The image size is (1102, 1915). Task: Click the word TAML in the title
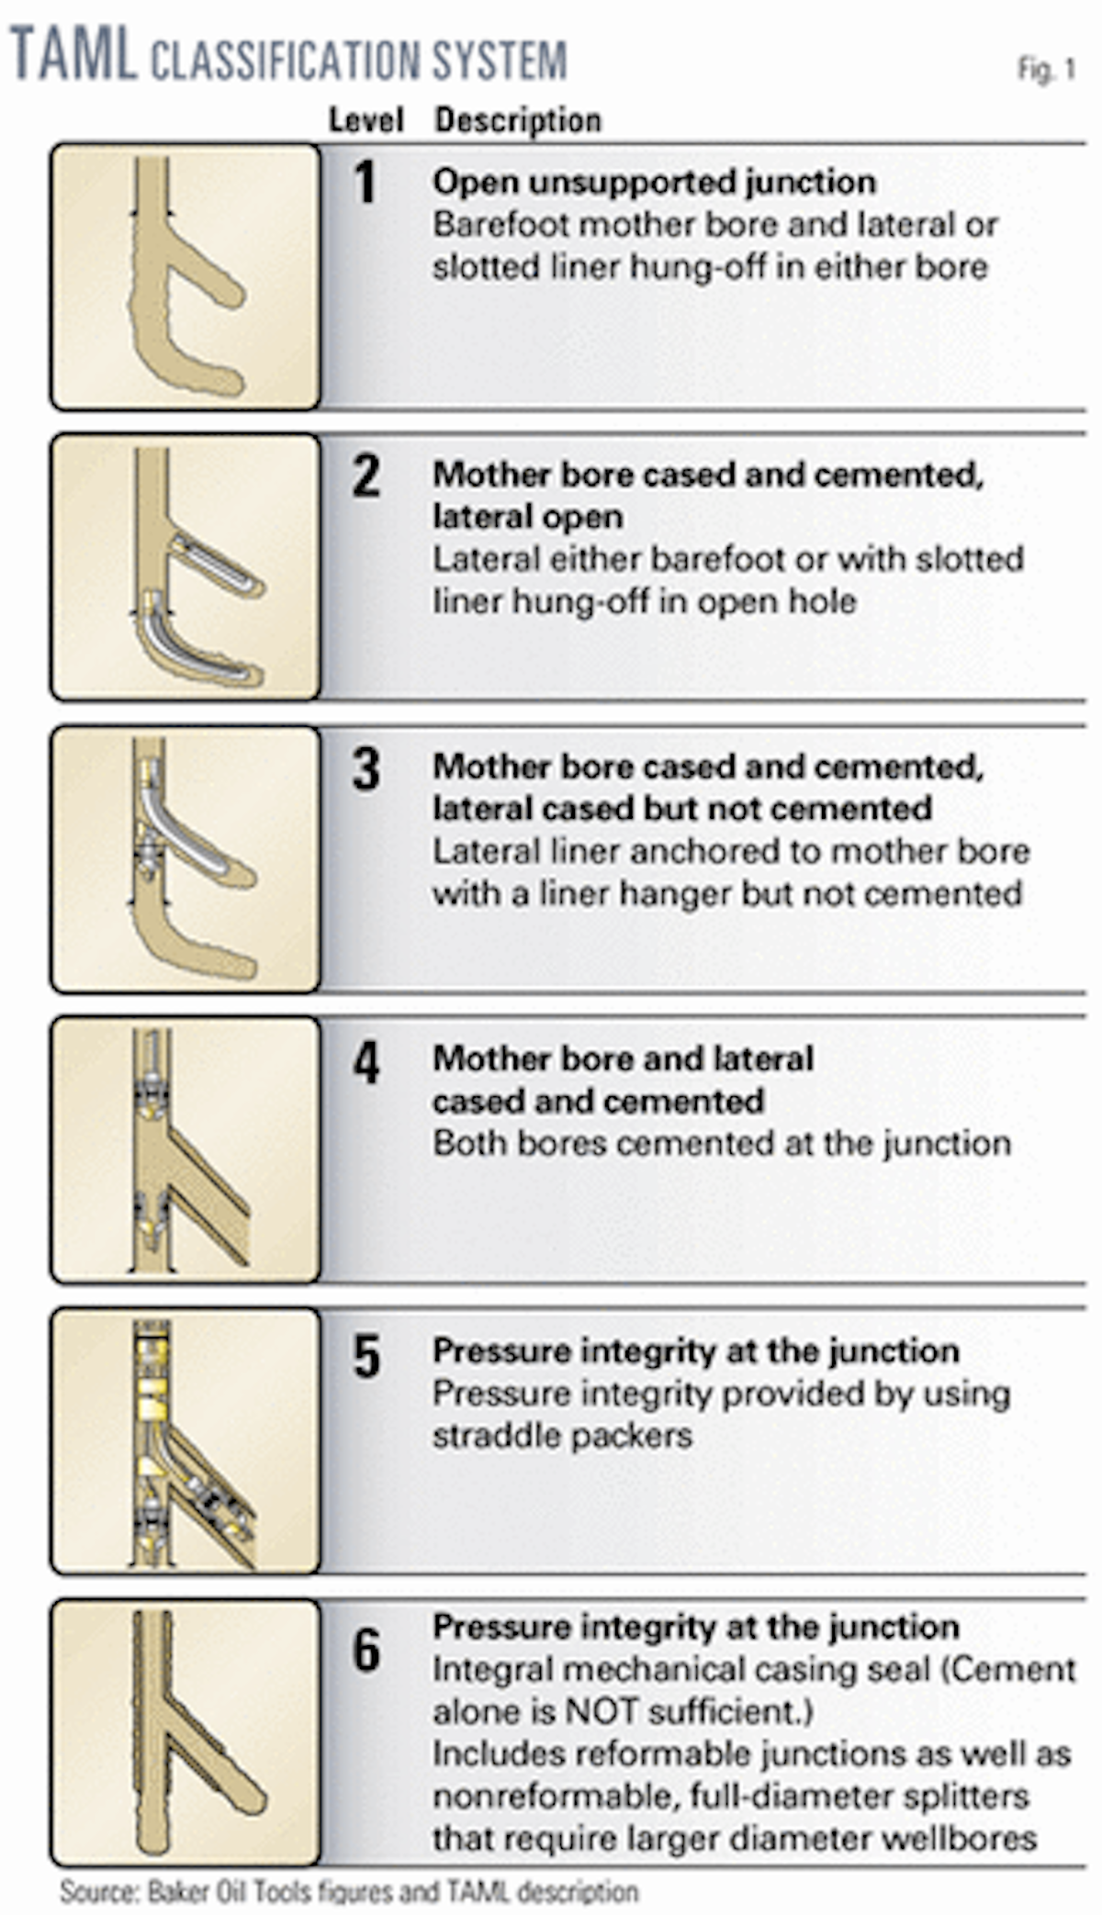[73, 55]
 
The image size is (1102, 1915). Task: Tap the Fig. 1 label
[1046, 70]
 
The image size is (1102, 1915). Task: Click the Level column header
[366, 120]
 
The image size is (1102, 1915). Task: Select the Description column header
[518, 120]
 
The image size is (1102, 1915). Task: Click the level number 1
[365, 182]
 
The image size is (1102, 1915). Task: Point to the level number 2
[366, 476]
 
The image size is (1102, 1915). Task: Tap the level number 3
[366, 768]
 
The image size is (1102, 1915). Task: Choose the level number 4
[366, 1063]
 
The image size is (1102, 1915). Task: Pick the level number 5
[366, 1356]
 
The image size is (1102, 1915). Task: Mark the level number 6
[366, 1650]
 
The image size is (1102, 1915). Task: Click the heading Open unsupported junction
[654, 183]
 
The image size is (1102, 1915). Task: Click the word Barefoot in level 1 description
[502, 224]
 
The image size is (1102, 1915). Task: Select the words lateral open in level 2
[528, 518]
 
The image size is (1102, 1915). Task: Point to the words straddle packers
[562, 1436]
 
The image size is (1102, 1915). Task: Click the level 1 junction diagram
[186, 276]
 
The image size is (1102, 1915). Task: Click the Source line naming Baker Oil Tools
[349, 1892]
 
